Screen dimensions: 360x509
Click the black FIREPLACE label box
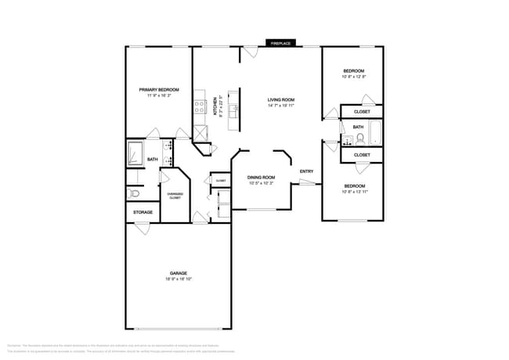[281, 43]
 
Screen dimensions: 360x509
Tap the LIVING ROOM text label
[280, 99]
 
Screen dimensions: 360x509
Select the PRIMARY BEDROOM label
[159, 90]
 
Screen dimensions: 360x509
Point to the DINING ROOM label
[261, 177]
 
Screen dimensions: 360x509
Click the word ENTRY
[306, 171]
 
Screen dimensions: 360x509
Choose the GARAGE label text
[179, 272]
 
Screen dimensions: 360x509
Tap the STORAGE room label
[143, 212]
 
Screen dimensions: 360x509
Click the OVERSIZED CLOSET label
[175, 196]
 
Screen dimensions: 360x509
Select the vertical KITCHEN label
[216, 106]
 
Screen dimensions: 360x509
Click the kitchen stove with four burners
[200, 106]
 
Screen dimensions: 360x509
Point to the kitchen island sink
[233, 108]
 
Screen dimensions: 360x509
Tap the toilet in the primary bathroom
[134, 193]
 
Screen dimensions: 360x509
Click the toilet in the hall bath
[359, 140]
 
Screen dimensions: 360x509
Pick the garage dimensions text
[179, 279]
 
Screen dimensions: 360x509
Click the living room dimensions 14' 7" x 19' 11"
[280, 106]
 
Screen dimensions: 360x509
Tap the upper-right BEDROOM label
[353, 70]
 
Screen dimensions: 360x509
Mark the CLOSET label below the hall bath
[362, 155]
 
